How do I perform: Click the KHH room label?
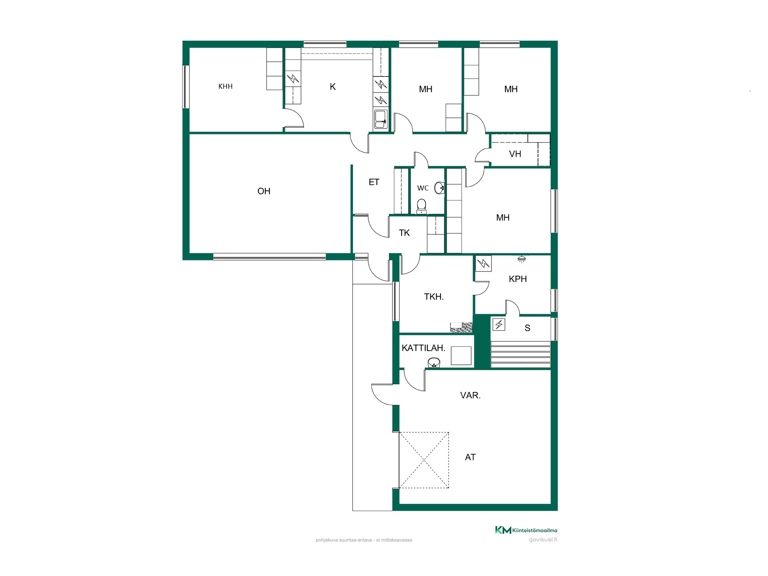click(225, 86)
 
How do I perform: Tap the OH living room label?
click(264, 191)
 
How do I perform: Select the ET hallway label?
click(374, 182)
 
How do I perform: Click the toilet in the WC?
click(422, 206)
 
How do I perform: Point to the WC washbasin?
click(439, 188)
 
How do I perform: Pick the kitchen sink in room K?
click(381, 119)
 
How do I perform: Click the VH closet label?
click(515, 154)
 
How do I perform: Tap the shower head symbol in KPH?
click(521, 259)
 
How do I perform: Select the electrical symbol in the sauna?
click(499, 324)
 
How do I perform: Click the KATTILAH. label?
click(424, 348)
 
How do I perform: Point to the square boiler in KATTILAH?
click(461, 356)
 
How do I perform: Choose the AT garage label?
click(470, 457)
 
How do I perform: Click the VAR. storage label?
click(470, 395)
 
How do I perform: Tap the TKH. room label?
click(434, 296)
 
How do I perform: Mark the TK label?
click(404, 233)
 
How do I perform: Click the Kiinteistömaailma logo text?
click(535, 530)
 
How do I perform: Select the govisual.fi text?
click(543, 540)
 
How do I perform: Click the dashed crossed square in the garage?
click(424, 460)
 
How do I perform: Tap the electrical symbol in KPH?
click(483, 263)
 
